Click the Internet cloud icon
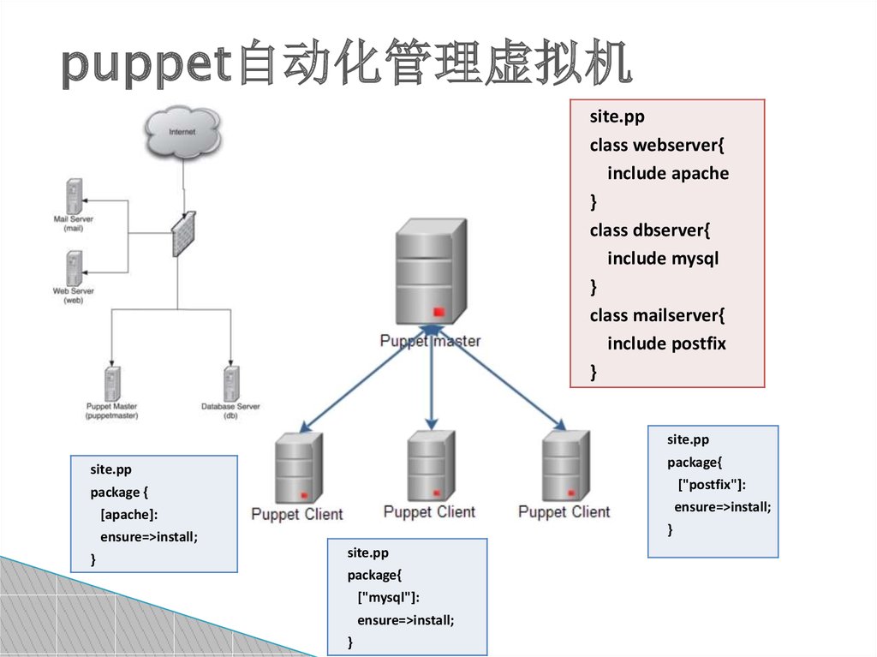click(182, 133)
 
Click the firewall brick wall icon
click(182, 234)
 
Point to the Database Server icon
click(230, 382)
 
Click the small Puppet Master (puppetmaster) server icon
click(112, 382)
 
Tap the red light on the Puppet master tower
click(439, 311)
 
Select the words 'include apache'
click(668, 174)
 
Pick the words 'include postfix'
click(666, 343)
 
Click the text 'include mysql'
click(662, 259)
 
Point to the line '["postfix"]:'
click(713, 486)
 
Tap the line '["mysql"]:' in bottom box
click(389, 597)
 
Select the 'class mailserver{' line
click(657, 315)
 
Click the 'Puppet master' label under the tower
click(430, 341)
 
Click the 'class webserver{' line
click(657, 146)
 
